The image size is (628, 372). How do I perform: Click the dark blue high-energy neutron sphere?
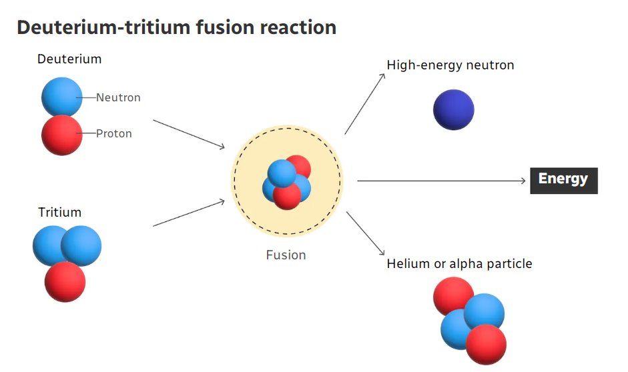coord(453,109)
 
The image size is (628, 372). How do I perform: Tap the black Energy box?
coord(563,181)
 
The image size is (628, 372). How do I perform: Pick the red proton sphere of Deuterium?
coord(61,135)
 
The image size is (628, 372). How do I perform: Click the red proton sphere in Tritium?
coord(65,281)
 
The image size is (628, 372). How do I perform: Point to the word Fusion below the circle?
coord(286,255)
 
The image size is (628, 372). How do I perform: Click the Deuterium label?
coord(69,59)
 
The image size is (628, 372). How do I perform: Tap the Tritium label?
coord(59,212)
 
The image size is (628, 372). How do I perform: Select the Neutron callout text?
coord(118,97)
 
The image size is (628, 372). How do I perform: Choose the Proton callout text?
coord(113,133)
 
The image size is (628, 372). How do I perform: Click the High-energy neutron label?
coord(450,65)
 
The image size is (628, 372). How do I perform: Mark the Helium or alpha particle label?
coord(459,263)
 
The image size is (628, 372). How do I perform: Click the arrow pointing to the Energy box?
coord(441,181)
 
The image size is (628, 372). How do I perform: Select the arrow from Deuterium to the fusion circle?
coord(189,135)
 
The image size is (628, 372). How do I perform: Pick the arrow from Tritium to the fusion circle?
coord(189,213)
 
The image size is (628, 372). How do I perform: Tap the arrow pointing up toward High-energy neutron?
coord(365,103)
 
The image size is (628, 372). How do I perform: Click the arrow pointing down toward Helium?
coord(365,233)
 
